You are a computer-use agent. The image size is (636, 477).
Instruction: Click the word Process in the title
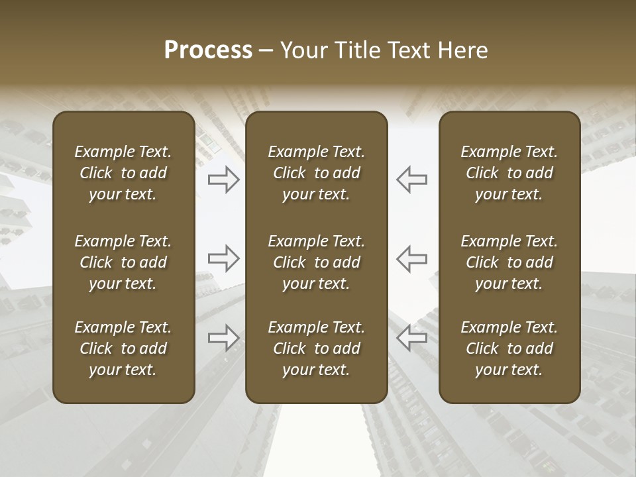click(x=208, y=50)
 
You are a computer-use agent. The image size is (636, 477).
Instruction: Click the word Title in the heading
click(x=357, y=50)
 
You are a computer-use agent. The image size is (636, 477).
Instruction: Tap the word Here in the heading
click(x=463, y=50)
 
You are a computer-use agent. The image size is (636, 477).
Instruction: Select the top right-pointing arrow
click(x=224, y=180)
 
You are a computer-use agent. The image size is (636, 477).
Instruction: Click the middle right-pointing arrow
click(x=224, y=258)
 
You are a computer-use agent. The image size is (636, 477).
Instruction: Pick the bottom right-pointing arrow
click(x=224, y=338)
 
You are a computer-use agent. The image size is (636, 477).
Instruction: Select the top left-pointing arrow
click(x=412, y=180)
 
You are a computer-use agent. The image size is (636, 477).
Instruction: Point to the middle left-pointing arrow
click(x=412, y=258)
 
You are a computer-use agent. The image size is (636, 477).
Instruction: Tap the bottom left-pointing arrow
click(x=412, y=338)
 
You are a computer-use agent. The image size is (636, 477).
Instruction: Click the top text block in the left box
click(x=123, y=173)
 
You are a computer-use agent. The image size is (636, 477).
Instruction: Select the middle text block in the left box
click(x=123, y=262)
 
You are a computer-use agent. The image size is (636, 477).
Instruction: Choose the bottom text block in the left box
click(x=123, y=348)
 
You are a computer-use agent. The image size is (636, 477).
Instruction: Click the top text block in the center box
click(x=317, y=173)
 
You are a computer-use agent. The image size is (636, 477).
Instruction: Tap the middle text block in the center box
click(x=317, y=262)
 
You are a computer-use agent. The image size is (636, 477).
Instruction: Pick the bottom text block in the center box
click(x=317, y=348)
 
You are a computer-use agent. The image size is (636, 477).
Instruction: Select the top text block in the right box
click(x=509, y=173)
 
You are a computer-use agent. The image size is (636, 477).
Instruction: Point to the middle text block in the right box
click(x=509, y=262)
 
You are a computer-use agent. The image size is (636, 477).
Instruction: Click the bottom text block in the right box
click(x=509, y=348)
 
